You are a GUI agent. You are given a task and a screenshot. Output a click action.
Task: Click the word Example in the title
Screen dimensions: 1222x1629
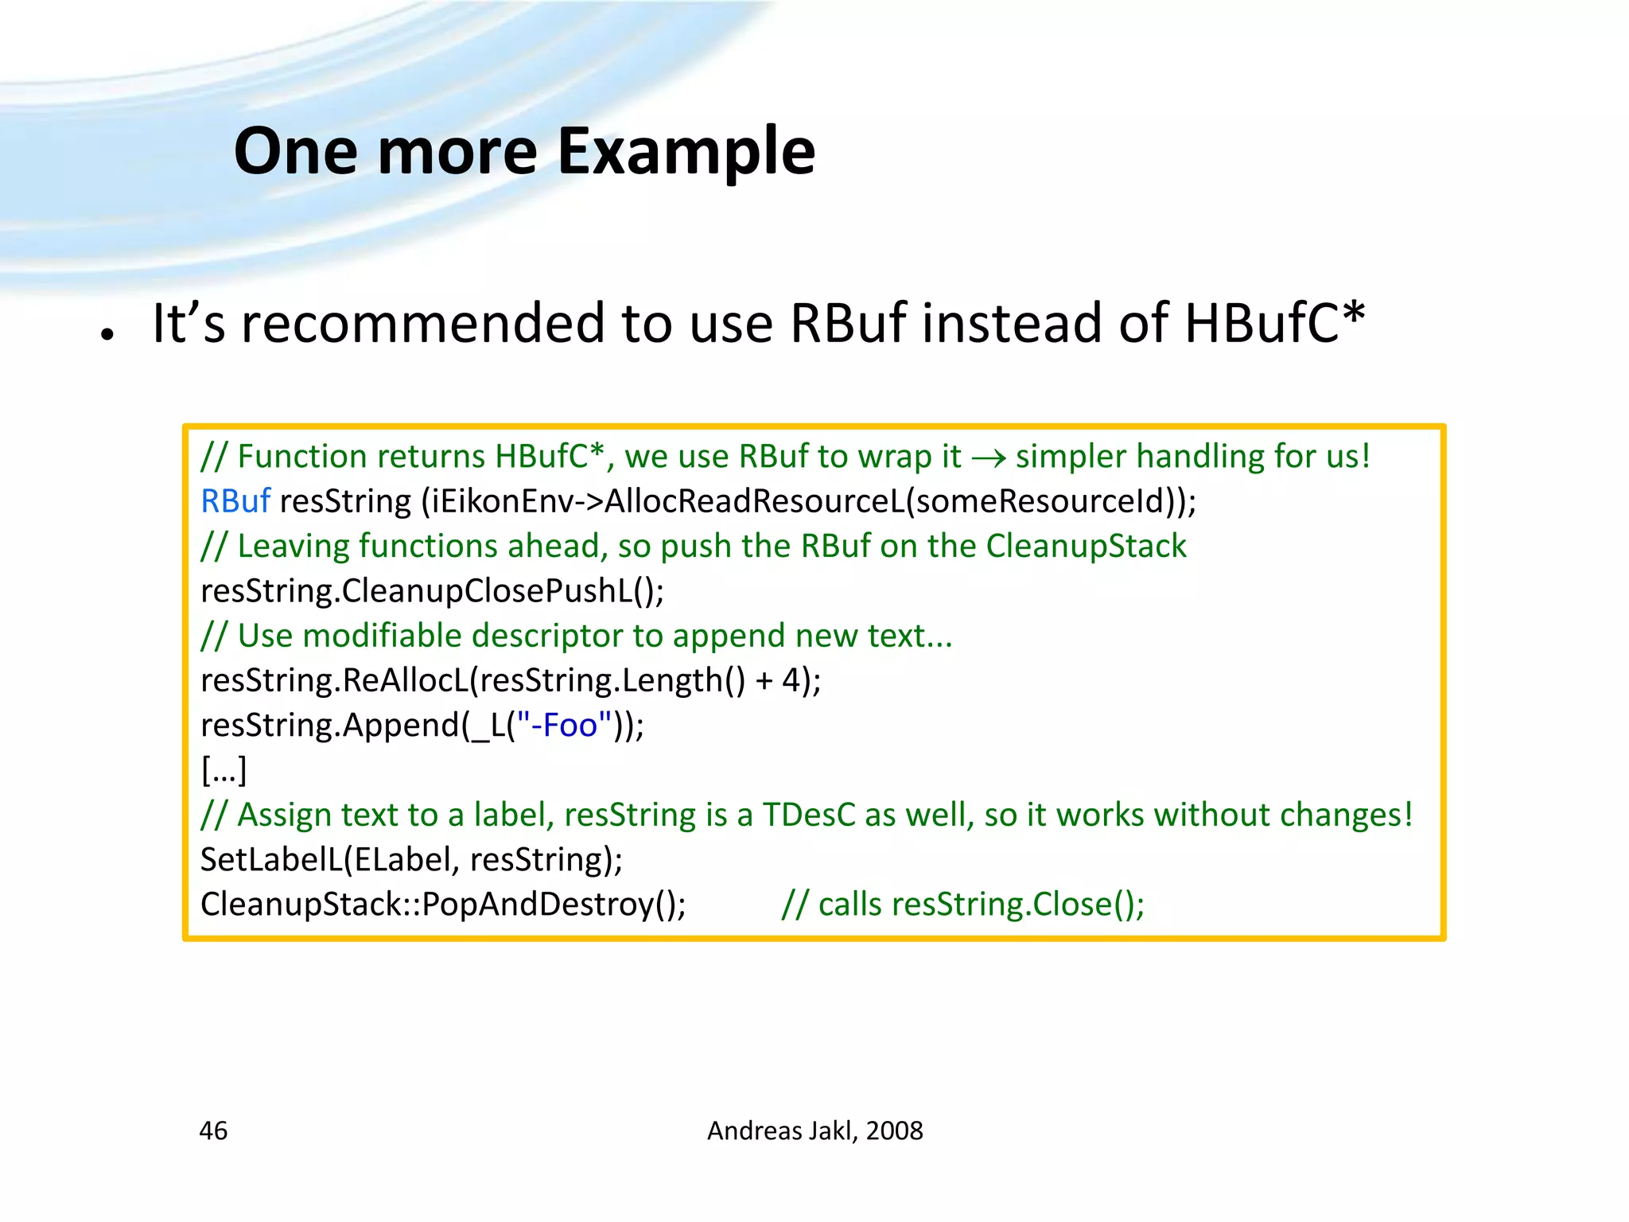click(686, 153)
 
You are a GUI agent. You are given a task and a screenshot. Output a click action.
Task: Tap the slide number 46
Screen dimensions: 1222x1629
click(213, 1131)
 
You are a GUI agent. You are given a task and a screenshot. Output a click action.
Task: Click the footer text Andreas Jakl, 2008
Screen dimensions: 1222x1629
click(814, 1131)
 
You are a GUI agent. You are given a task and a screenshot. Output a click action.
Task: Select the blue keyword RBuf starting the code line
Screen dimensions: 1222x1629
click(235, 501)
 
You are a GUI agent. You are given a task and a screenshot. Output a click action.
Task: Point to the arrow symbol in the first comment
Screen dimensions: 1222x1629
click(989, 458)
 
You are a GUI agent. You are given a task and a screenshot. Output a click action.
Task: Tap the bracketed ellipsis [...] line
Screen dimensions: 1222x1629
click(224, 770)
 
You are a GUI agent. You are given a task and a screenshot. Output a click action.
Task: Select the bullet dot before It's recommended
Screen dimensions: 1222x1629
click(107, 334)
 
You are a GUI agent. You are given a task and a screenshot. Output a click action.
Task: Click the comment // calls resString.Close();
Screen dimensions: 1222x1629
click(962, 905)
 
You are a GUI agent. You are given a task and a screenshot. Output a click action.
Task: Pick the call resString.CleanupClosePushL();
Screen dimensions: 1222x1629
click(432, 591)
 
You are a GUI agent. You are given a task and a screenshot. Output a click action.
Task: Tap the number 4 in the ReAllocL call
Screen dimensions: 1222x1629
click(791, 680)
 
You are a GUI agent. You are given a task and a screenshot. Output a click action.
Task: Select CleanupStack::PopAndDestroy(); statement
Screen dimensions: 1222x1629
click(443, 905)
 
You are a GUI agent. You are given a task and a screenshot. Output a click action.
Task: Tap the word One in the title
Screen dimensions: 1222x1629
click(296, 153)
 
